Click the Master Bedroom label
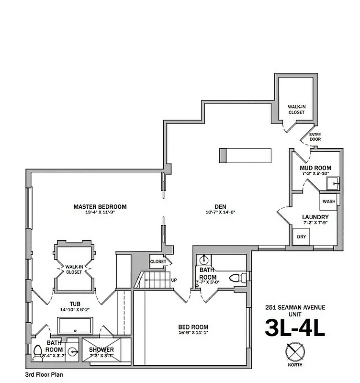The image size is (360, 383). tap(100, 207)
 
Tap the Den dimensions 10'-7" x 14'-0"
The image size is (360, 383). tap(220, 212)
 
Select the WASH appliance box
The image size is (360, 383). tap(329, 201)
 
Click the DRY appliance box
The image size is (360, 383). tap(302, 237)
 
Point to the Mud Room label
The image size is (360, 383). tap(315, 168)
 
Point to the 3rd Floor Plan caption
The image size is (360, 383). tap(44, 375)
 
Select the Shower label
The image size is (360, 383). tap(101, 349)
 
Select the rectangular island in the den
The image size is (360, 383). tap(245, 156)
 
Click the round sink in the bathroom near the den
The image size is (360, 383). tap(203, 260)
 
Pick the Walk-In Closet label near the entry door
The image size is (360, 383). tap(296, 110)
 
